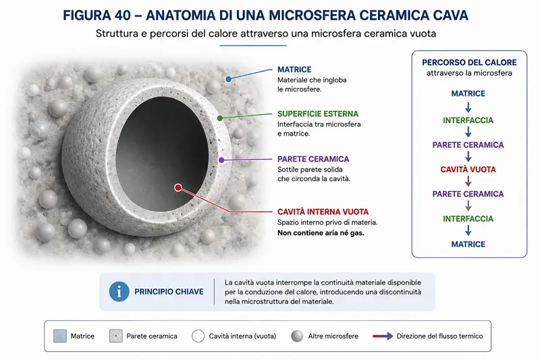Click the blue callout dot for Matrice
click(228, 79)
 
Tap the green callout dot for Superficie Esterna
click(220, 118)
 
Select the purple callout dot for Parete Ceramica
click(221, 160)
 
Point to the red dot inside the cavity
click(178, 187)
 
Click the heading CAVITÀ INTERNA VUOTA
click(323, 211)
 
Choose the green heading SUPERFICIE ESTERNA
click(318, 113)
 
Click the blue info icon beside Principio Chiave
click(119, 292)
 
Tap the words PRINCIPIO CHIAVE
click(169, 292)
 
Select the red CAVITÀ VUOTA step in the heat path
click(468, 170)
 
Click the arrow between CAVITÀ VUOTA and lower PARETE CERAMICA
click(468, 181)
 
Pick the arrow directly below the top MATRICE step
click(468, 107)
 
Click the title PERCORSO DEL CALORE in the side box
click(469, 62)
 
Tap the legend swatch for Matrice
click(60, 336)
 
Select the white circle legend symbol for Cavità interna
click(198, 336)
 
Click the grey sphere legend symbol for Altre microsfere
click(297, 336)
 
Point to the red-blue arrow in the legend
click(383, 336)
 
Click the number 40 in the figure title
click(122, 16)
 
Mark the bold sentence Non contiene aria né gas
click(321, 233)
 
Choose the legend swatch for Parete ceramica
click(115, 336)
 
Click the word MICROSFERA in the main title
click(312, 16)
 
